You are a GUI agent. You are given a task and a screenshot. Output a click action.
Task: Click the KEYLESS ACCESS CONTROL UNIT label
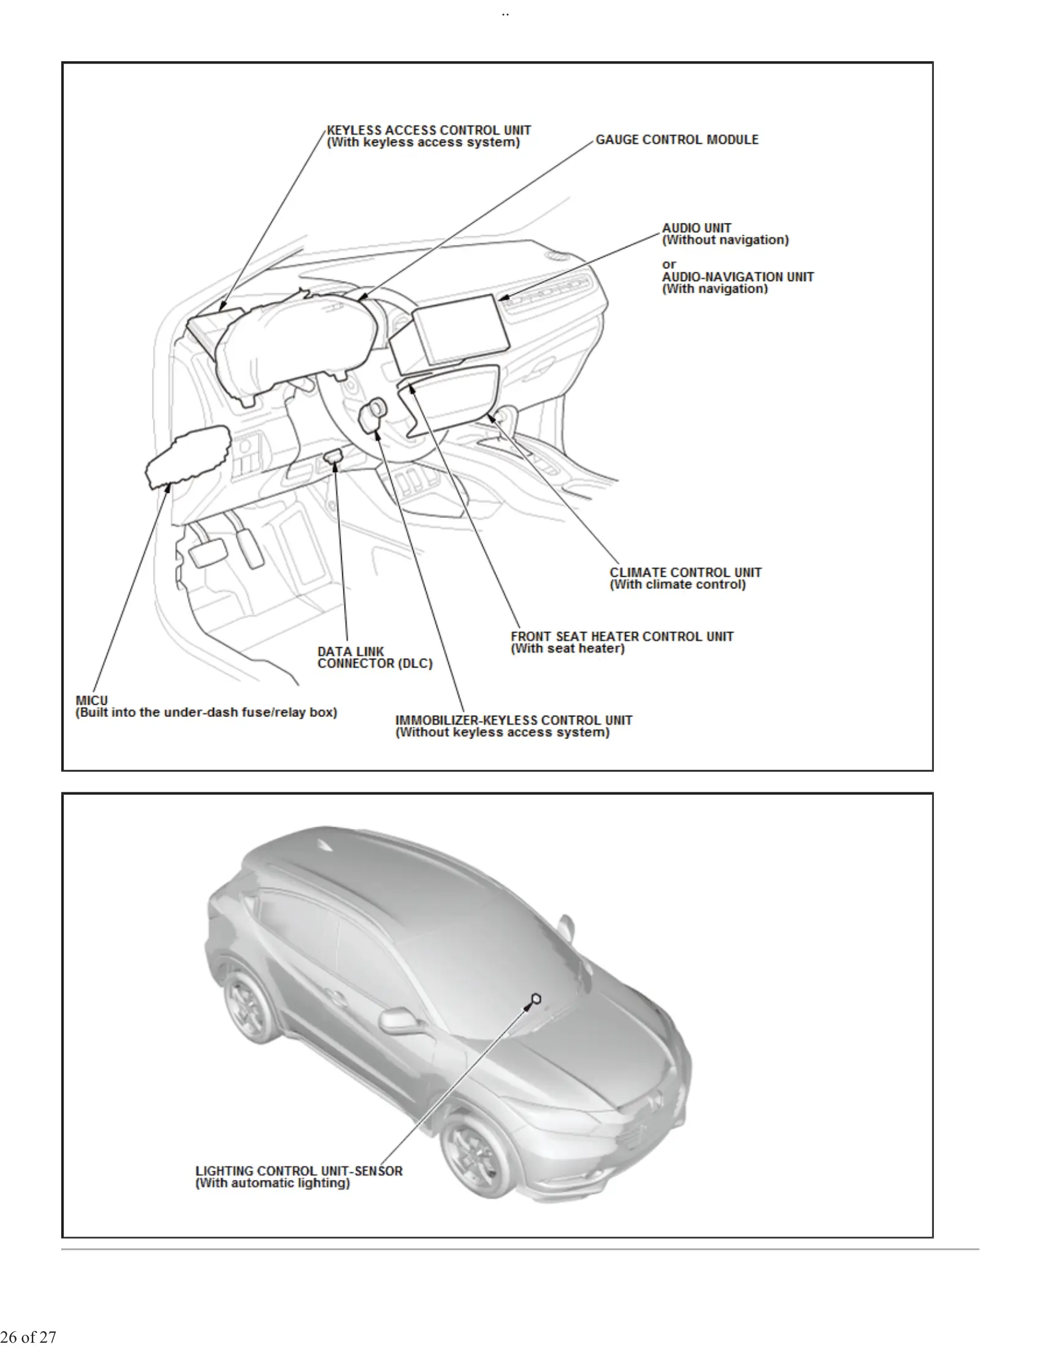click(x=429, y=130)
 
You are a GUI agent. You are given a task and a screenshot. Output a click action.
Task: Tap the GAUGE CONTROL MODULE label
click(x=677, y=140)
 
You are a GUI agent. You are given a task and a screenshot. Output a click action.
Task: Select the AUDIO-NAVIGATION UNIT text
click(x=738, y=277)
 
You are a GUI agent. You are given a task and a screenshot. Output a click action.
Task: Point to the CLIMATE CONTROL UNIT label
click(x=685, y=572)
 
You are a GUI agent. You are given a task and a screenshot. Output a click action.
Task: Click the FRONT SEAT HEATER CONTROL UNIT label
click(x=622, y=637)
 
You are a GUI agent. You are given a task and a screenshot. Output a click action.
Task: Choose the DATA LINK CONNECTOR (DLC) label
click(x=374, y=658)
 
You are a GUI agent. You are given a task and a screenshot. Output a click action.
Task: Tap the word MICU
click(x=91, y=700)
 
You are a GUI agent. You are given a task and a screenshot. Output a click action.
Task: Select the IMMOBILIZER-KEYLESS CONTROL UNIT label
click(x=513, y=721)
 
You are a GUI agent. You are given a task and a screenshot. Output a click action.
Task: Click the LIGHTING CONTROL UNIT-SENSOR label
click(x=298, y=1171)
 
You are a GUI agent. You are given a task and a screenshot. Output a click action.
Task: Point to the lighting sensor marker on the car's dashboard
click(x=536, y=998)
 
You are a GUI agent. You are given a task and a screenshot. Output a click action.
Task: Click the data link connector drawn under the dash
click(x=334, y=456)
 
